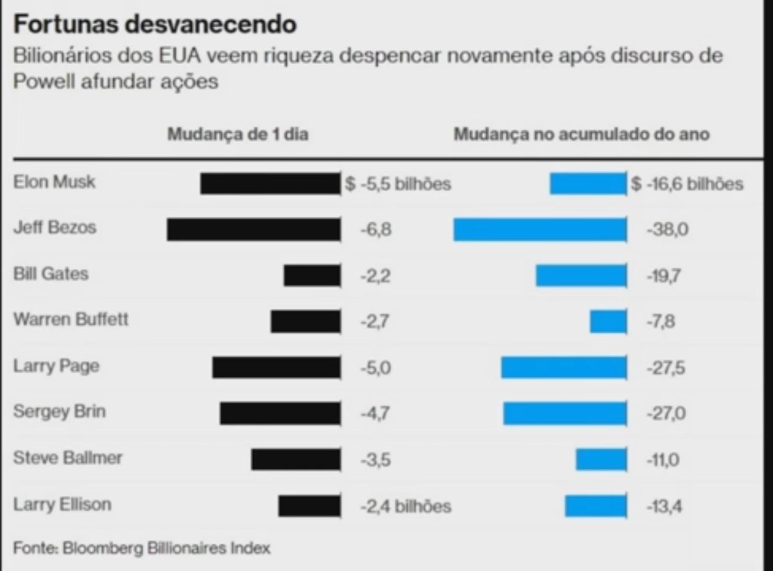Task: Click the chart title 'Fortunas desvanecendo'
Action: tap(155, 24)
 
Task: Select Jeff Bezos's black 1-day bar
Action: tap(253, 230)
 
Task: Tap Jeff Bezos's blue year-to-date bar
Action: tap(540, 230)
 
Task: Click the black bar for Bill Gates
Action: tap(312, 276)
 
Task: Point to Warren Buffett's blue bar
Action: tap(608, 322)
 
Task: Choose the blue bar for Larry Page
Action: tap(563, 368)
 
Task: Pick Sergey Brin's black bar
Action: tap(279, 413)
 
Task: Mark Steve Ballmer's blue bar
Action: tap(601, 459)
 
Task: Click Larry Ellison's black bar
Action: tap(309, 505)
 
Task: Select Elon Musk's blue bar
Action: tap(587, 184)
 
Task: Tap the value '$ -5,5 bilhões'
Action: tap(399, 184)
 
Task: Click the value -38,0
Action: tap(667, 230)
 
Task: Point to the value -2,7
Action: tap(375, 322)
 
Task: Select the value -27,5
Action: tap(667, 368)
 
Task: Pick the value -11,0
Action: tap(664, 459)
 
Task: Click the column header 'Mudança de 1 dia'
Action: tap(238, 134)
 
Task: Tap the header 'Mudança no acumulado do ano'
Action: tap(581, 134)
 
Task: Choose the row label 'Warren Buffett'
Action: tap(71, 319)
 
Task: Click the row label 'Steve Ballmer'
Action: tap(68, 458)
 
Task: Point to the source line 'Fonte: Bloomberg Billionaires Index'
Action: tap(141, 547)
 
